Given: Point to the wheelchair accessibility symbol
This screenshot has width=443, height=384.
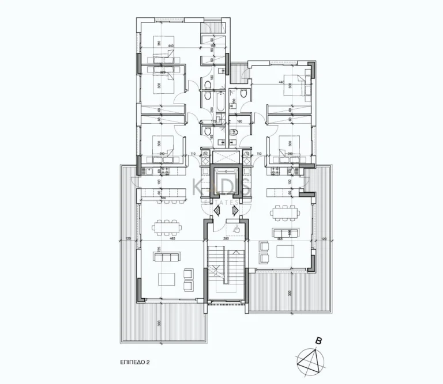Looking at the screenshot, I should (236, 230).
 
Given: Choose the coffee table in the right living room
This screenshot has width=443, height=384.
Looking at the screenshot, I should (286, 252).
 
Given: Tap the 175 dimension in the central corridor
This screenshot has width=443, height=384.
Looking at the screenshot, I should (213, 122).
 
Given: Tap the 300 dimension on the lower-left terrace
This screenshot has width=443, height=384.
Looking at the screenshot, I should (158, 323).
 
